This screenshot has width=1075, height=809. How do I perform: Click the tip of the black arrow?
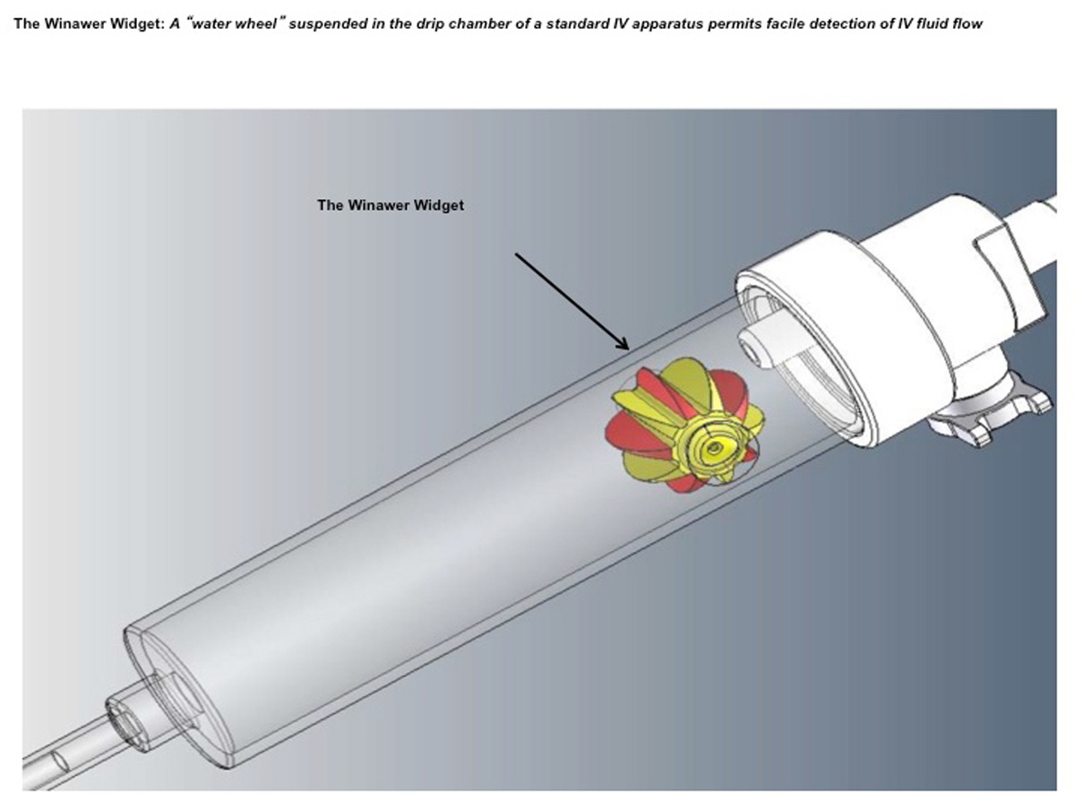click(x=629, y=349)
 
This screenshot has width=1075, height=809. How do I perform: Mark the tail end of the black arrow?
click(x=516, y=254)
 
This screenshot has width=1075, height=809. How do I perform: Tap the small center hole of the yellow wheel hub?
click(x=715, y=447)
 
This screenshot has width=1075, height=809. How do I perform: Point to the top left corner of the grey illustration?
click(x=22, y=109)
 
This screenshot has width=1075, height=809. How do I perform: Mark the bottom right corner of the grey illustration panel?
click(x=1057, y=790)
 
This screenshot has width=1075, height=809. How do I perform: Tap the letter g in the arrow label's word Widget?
click(x=438, y=206)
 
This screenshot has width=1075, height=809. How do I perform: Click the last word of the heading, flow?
click(x=967, y=24)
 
